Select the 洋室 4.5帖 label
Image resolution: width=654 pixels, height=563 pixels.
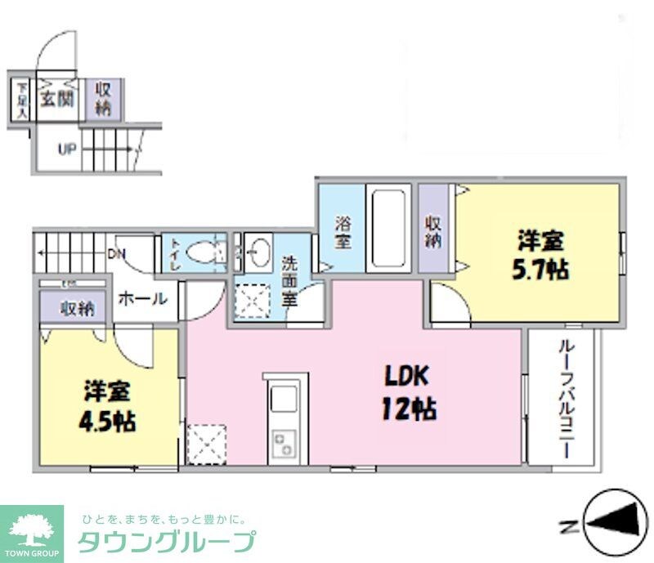[x=108, y=407]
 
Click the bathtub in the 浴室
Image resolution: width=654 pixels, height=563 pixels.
[x=388, y=229]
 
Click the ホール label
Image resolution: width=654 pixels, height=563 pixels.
[x=142, y=299]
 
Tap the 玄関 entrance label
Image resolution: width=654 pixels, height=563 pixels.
[x=58, y=99]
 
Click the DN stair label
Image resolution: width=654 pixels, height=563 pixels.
[x=117, y=253]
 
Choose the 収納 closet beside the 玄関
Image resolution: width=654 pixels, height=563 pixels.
[x=104, y=98]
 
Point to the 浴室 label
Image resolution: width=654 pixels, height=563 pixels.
[x=342, y=232]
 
